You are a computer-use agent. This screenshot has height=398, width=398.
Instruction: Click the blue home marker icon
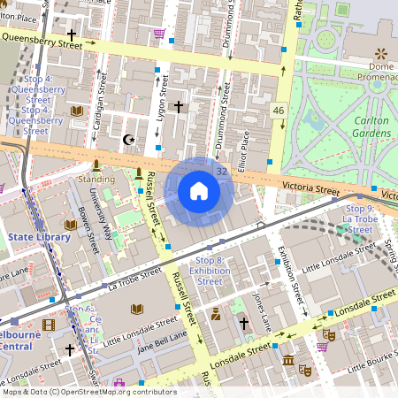(199, 190)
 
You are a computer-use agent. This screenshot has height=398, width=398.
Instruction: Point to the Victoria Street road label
(310, 188)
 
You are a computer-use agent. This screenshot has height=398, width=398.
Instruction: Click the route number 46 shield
(279, 111)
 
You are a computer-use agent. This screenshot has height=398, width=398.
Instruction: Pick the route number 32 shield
(221, 171)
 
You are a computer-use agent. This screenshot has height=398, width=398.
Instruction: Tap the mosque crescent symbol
(129, 140)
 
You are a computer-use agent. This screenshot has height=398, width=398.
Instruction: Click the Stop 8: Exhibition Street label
(210, 271)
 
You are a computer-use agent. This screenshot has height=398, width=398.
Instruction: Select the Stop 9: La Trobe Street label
(358, 218)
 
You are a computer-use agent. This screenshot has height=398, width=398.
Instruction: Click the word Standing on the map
(96, 179)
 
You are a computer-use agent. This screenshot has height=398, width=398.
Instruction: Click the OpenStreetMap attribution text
(88, 392)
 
